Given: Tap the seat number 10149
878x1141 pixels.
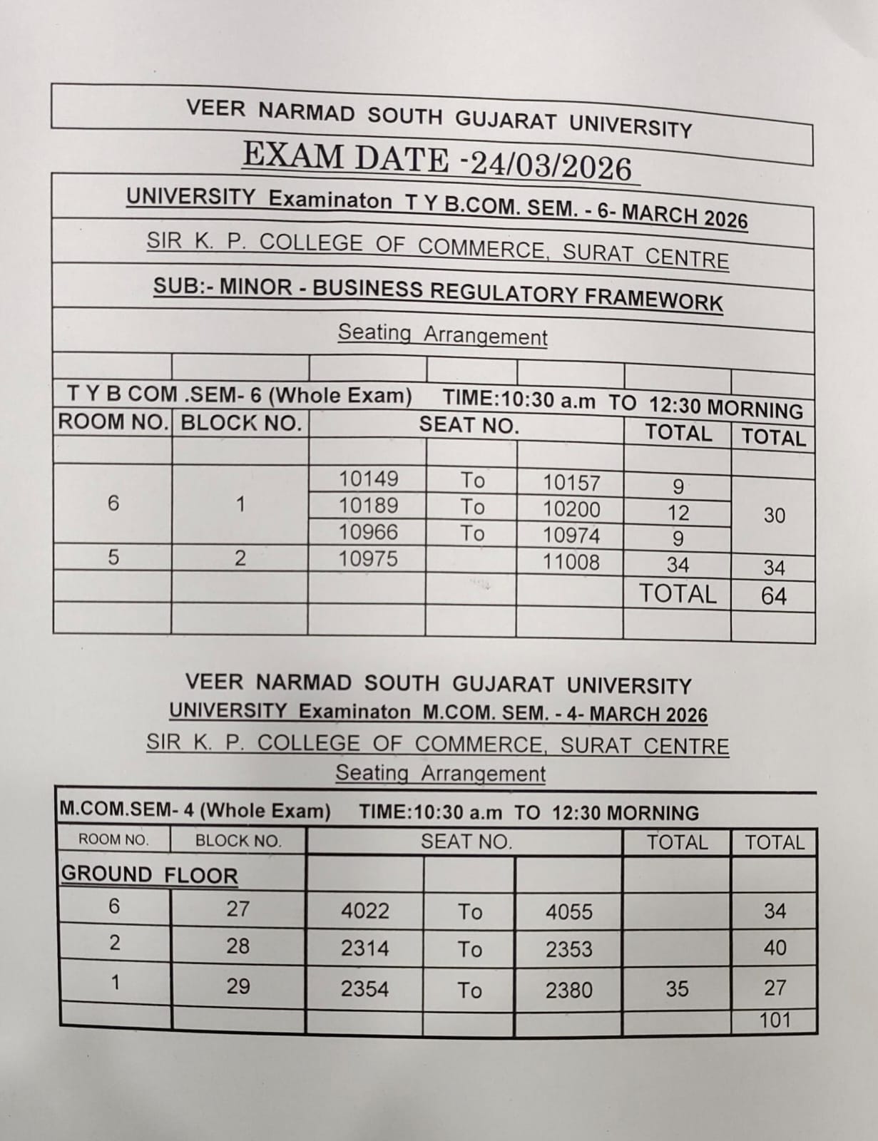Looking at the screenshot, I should pos(368,479).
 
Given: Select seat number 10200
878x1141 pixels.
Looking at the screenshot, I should pos(571,509).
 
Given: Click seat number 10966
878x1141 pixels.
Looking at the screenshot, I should pos(368,532).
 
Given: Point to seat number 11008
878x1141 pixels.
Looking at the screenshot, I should pos(571,562).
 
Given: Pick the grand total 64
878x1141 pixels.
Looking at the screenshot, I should pos(774,595).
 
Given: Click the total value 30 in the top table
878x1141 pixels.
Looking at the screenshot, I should pos(774,515).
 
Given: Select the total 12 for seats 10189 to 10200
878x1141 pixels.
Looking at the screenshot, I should pos(678,513).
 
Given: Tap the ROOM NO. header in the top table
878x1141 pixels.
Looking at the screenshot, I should pos(113,421).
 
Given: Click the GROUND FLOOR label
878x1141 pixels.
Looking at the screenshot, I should pos(149,874).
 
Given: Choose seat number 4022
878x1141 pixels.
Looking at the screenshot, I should pos(365,911).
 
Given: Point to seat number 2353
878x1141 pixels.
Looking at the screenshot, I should pos(569,949).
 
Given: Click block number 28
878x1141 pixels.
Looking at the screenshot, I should pos(238,946).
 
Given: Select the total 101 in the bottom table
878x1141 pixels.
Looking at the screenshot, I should pos(775,1020).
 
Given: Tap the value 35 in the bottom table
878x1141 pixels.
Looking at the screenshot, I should pos(677,988).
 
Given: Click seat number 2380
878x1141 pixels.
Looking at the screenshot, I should pos(569,990).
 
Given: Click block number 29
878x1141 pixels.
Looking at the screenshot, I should pos(238,986).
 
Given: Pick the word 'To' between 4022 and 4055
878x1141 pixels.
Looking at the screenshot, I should pos(470,911).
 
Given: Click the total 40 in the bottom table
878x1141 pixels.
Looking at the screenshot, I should pos(775,948).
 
